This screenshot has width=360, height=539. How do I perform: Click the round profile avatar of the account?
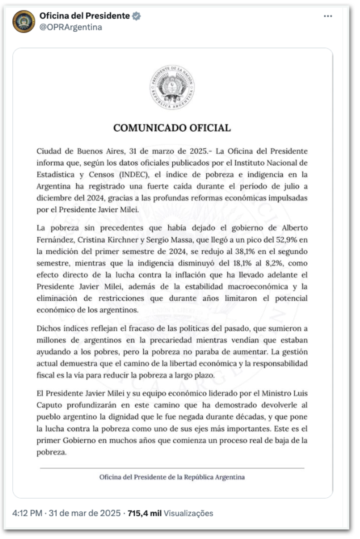click(24, 21)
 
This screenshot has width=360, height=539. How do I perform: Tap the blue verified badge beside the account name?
click(136, 16)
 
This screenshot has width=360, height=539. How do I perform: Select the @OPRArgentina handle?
click(71, 27)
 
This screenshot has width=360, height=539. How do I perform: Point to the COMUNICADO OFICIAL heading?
click(172, 128)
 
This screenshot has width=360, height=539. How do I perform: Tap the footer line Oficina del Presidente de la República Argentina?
click(172, 477)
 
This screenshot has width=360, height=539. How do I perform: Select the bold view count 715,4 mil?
click(145, 514)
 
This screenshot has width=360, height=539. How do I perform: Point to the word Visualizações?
click(188, 514)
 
